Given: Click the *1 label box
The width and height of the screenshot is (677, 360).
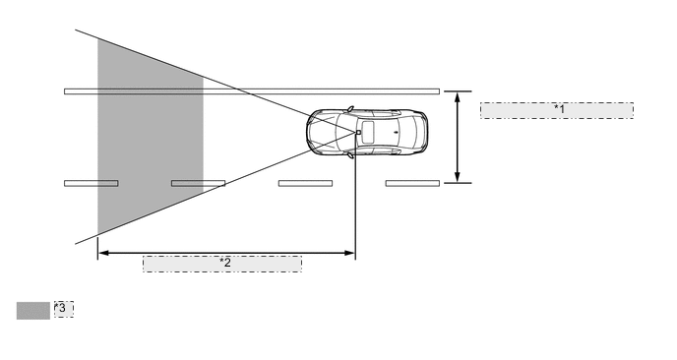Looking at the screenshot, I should point(556,109).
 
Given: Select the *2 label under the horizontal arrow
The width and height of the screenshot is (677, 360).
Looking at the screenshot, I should point(222,264).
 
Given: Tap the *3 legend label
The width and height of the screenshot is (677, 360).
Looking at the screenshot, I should point(63,310).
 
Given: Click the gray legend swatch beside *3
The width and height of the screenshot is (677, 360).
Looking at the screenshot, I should point(32,311).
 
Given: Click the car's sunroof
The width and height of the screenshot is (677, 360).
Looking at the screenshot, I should point(375,132).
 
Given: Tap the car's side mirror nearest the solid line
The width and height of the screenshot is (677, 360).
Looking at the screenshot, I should point(349,107).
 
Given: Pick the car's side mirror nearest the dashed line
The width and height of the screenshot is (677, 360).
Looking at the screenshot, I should point(349,155).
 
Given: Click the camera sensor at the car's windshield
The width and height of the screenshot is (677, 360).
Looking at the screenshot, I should point(358,132).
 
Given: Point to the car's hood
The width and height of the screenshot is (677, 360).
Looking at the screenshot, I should point(325,132).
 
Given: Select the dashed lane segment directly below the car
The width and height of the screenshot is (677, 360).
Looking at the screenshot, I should point(305,183).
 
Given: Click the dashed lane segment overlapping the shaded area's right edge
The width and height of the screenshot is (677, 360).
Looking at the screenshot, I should point(198,183).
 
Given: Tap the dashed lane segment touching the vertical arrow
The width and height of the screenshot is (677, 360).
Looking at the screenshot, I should point(412,183).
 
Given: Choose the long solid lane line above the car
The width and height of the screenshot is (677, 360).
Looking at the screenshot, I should point(252,91).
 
